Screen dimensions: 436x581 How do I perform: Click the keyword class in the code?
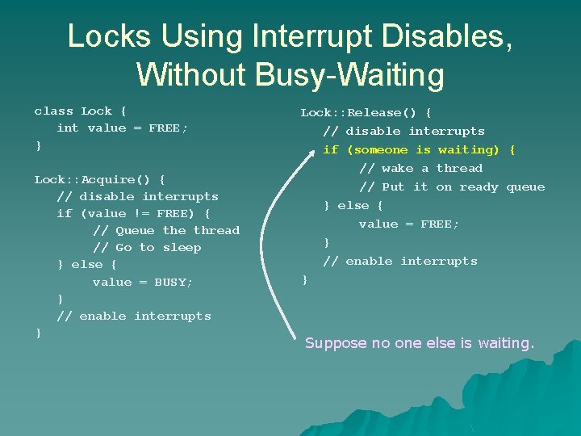click(x=53, y=111)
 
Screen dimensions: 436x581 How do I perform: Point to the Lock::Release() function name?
click(x=362, y=112)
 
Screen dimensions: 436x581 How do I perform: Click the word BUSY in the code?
click(x=173, y=282)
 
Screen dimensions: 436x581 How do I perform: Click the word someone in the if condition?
click(x=381, y=149)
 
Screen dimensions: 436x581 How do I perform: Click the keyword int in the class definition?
click(x=68, y=128)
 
